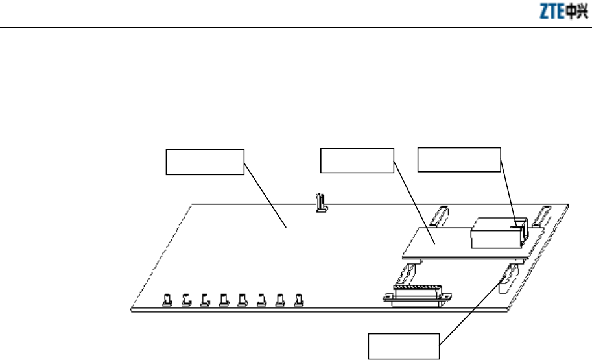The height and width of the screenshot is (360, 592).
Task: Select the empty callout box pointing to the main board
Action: (x=205, y=162)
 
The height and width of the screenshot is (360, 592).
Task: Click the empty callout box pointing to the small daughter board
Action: (x=358, y=160)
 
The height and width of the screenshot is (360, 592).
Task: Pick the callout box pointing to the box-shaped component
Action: (x=458, y=160)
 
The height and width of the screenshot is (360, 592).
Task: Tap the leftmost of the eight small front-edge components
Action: (x=166, y=300)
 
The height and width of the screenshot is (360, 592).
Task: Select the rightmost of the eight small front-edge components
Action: (x=298, y=300)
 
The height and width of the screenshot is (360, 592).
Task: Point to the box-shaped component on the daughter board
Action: (x=496, y=233)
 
